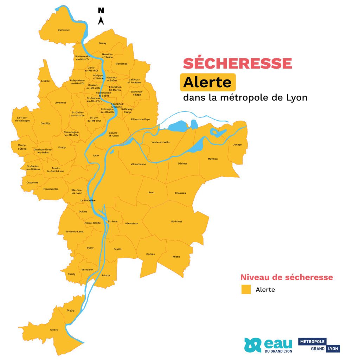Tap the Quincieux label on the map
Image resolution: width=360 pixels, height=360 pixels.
tap(64, 30)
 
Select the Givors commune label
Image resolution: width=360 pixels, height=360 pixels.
tap(54, 330)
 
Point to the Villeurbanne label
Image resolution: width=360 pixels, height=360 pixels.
tap(138, 164)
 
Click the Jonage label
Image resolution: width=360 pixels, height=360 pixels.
tap(237, 144)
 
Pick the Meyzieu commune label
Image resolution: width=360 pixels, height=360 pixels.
tap(213, 159)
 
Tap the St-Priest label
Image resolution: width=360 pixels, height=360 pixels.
tap(176, 221)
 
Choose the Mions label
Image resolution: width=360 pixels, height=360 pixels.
tap(176, 257)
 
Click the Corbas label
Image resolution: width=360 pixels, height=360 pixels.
tap(150, 254)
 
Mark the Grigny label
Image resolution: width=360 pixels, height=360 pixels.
tap(71, 310)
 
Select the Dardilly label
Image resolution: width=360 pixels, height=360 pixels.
tap(45, 123)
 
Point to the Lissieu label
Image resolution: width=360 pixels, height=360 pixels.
tap(45, 81)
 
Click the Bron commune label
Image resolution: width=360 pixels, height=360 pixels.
tap(152, 192)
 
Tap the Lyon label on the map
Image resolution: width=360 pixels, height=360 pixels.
tap(96, 155)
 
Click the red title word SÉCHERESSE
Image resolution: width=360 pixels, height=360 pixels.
tap(237, 63)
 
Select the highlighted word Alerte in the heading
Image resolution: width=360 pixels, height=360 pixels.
tap(207, 82)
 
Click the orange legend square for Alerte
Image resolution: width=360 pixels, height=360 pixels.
tap(246, 289)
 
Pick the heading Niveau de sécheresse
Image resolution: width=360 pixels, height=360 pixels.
tap(287, 277)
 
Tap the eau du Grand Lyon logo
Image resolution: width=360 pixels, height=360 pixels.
tap(268, 345)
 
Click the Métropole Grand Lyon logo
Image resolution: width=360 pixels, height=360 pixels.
tap(319, 345)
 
